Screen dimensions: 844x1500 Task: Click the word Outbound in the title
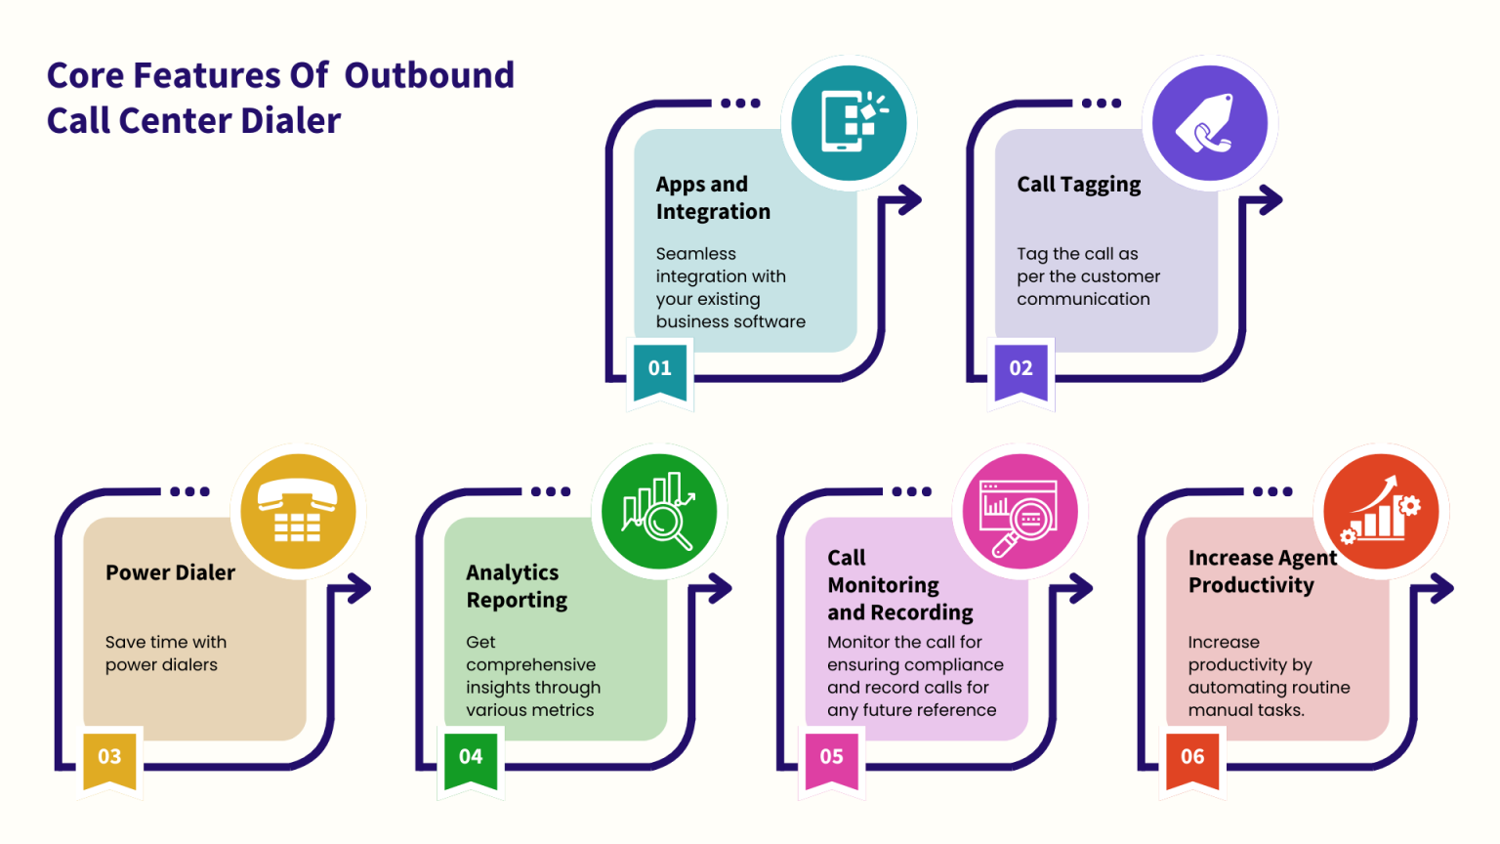click(429, 75)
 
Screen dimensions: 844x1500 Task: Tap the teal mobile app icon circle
click(849, 123)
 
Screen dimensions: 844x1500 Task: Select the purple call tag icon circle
click(1210, 123)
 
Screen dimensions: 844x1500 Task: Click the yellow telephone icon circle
click(298, 512)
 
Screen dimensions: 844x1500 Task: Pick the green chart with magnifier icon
click(659, 512)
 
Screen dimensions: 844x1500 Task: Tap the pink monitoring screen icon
click(1021, 512)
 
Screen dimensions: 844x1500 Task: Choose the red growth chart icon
click(1381, 512)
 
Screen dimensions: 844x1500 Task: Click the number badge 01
click(660, 369)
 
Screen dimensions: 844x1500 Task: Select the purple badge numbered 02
click(1021, 369)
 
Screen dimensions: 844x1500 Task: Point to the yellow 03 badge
click(109, 757)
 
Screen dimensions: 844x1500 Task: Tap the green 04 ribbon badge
click(471, 757)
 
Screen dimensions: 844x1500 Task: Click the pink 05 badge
click(832, 757)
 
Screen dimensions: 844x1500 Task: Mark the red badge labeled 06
click(1192, 757)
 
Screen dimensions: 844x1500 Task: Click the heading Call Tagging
click(1078, 185)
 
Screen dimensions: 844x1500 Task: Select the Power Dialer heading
click(170, 572)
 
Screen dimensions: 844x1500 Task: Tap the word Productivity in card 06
click(1251, 585)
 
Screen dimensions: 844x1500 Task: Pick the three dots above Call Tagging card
click(1102, 104)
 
